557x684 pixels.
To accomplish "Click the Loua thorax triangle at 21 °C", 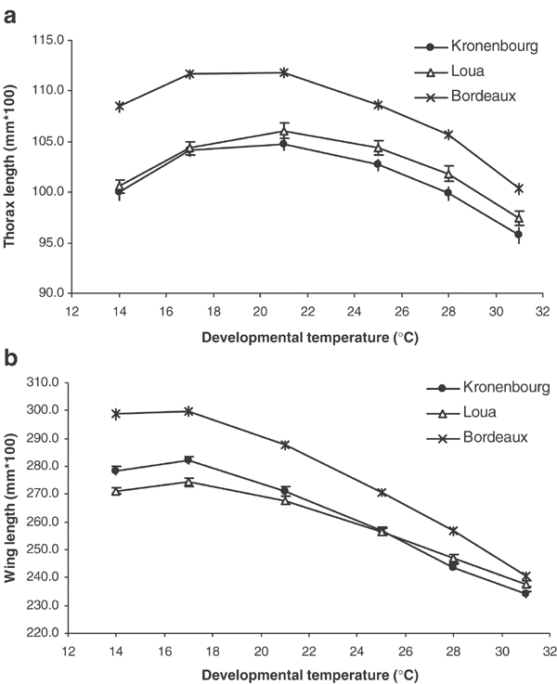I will point(284,131).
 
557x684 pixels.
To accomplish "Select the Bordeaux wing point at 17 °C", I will point(188,411).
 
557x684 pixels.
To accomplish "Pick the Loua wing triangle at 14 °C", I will point(117,491).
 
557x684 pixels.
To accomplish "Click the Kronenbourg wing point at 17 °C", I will point(188,460).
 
